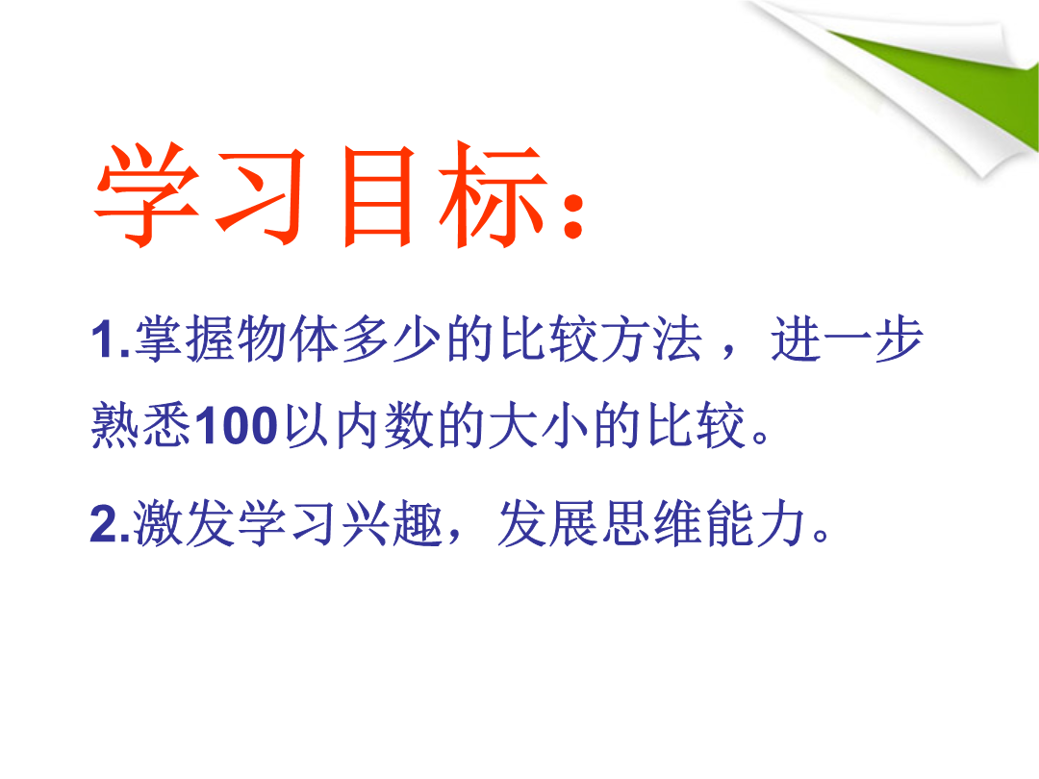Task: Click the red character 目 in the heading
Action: point(378,196)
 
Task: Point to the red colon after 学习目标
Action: point(572,216)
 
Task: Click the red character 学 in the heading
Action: point(147,194)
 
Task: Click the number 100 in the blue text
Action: point(237,425)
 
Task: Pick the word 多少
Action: point(391,339)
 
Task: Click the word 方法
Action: point(650,339)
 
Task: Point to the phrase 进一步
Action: point(847,339)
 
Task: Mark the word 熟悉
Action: point(141,425)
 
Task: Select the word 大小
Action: point(538,425)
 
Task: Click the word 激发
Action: point(184,523)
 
